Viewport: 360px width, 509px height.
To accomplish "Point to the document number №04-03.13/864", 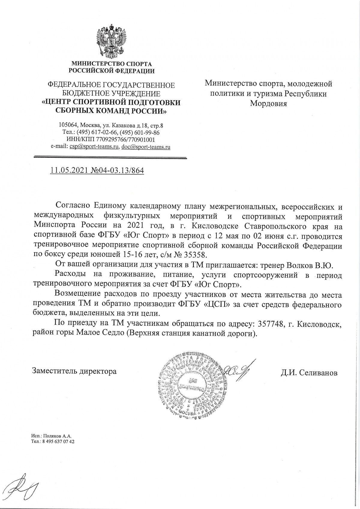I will pyautogui.click(x=118, y=170).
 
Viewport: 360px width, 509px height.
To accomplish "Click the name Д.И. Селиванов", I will pyautogui.click(x=309, y=373).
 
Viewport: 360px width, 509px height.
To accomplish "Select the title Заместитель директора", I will pyautogui.click(x=74, y=371).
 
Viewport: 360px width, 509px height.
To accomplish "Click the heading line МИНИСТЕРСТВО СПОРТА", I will pyautogui.click(x=111, y=64).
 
